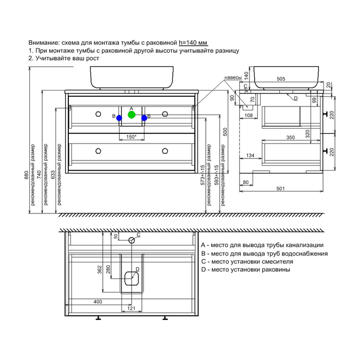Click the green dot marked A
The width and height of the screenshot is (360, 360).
click(x=132, y=115)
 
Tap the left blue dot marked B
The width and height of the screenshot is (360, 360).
click(x=119, y=118)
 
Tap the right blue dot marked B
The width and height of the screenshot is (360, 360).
click(x=145, y=118)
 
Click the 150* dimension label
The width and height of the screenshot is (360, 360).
click(x=131, y=137)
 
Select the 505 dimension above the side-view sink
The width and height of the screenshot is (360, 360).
click(x=281, y=79)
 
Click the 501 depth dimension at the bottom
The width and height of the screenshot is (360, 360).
click(x=281, y=188)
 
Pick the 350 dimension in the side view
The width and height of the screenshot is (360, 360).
click(x=291, y=137)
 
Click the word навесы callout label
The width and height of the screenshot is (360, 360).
click(x=232, y=77)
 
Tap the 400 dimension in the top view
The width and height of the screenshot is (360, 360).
click(x=98, y=301)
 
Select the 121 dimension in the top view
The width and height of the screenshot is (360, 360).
click(x=131, y=308)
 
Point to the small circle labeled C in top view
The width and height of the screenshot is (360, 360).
click(x=132, y=240)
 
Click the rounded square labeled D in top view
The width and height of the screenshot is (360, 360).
click(x=132, y=278)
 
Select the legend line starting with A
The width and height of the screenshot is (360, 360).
click(x=262, y=245)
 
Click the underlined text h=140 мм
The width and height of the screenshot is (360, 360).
click(x=193, y=42)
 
